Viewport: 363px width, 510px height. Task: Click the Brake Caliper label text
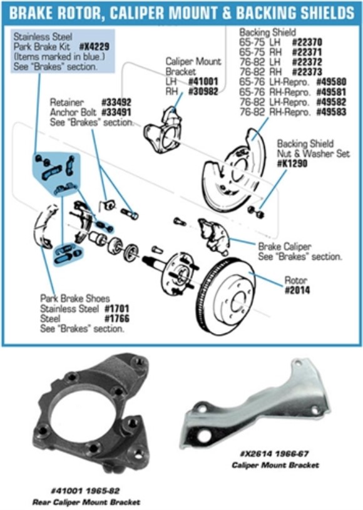tap(285, 247)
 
